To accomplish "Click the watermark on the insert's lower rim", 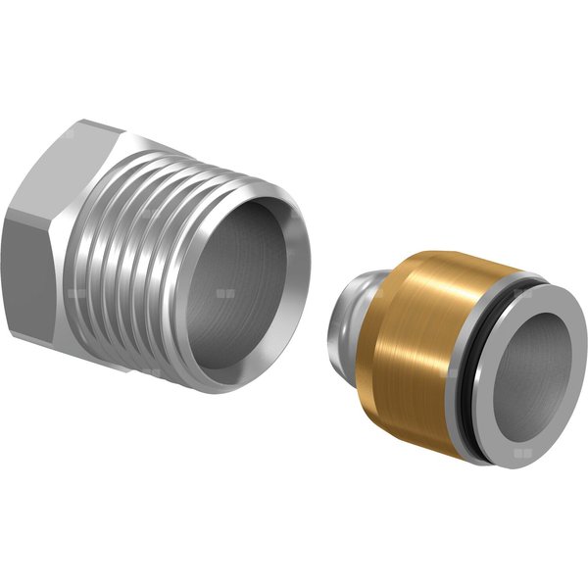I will [525, 453].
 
